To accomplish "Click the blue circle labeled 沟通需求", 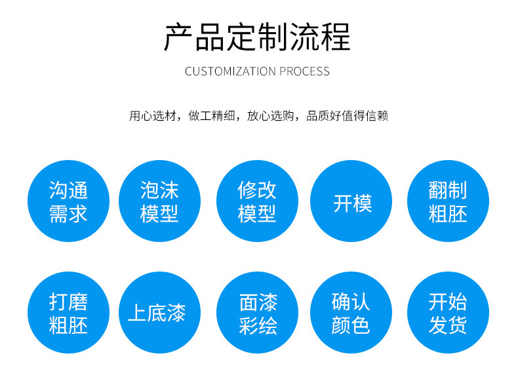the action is click(x=68, y=201).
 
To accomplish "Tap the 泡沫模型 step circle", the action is click(x=159, y=201).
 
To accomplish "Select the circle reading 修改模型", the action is click(x=257, y=201).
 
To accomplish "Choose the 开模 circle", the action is click(x=351, y=201).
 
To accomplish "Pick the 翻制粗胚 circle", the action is click(x=448, y=201).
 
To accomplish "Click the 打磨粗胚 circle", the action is click(x=68, y=313).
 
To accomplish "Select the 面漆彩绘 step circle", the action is click(x=257, y=313).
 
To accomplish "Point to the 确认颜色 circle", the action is click(x=351, y=313).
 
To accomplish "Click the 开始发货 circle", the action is click(x=448, y=313).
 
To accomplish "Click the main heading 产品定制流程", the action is click(x=257, y=37).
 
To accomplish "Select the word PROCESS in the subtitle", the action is click(x=305, y=71).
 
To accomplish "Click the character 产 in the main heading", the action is click(x=178, y=37).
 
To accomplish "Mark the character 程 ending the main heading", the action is click(x=336, y=37).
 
